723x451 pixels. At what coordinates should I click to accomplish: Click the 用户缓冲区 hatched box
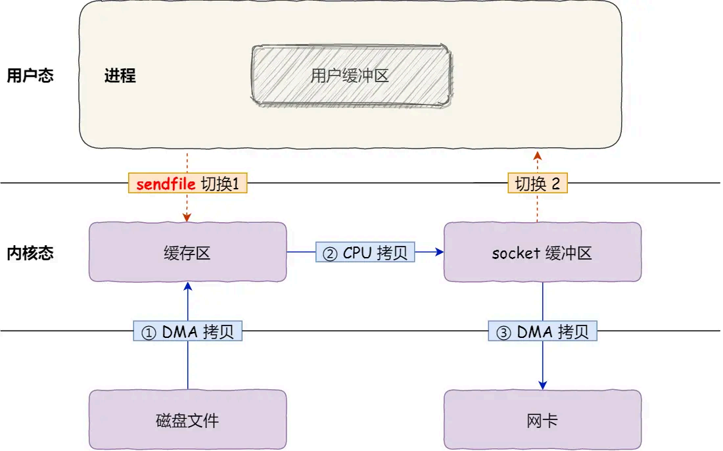(350, 75)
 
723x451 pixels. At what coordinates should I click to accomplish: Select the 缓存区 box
(187, 252)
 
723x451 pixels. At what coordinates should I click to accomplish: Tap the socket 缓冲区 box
(542, 252)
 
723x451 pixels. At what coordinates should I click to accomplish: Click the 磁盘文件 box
(187, 419)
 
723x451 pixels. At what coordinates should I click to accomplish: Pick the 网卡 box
(542, 419)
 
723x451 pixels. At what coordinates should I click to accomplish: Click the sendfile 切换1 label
(187, 183)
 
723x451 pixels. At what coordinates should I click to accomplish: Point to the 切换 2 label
(537, 183)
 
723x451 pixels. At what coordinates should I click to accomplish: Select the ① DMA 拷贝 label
(187, 332)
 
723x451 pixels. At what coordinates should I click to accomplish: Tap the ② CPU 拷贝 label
(365, 253)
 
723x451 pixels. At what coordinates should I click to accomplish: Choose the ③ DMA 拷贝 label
(542, 332)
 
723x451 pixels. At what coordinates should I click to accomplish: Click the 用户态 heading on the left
(30, 76)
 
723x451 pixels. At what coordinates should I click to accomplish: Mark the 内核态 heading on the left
(30, 253)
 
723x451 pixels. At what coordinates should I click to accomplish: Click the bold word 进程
(120, 76)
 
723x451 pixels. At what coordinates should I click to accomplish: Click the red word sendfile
(166, 184)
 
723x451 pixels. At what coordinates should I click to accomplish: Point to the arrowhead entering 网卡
(543, 385)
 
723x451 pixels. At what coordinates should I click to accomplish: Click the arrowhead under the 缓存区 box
(188, 287)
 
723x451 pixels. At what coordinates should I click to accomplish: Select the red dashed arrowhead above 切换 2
(537, 155)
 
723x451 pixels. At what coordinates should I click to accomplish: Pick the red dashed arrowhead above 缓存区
(187, 217)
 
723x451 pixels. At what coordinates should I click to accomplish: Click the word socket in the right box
(516, 253)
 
